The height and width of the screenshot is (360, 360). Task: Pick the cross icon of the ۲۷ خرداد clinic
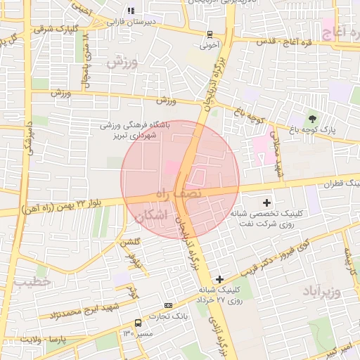coord(221,279)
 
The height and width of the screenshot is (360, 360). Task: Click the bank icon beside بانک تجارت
coord(167,305)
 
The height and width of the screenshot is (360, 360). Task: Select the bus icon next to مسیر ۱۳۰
coord(138,323)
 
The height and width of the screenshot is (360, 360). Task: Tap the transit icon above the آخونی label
coord(210,34)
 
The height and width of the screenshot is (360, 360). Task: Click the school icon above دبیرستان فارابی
coord(129,11)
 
